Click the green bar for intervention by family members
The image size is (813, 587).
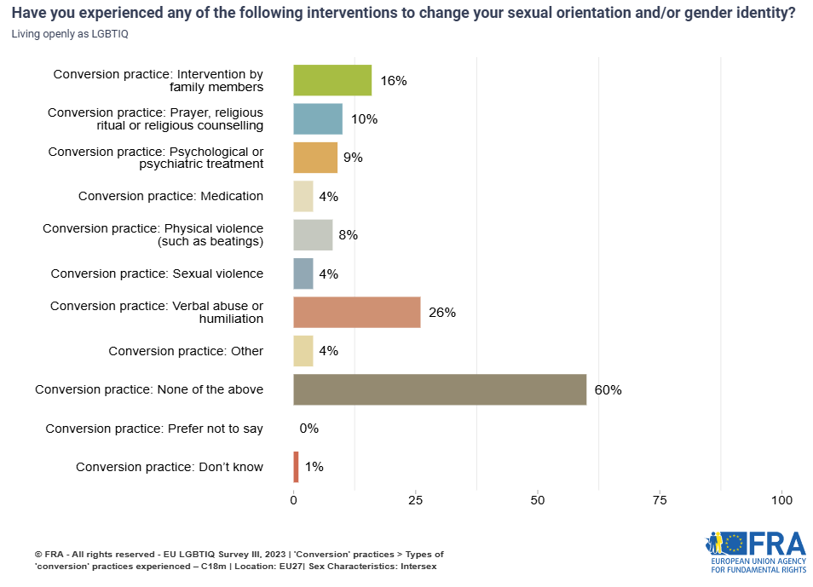[332, 80]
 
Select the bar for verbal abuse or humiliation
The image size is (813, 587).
[356, 312]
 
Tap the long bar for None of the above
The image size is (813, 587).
[440, 389]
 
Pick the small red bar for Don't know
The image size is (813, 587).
[296, 467]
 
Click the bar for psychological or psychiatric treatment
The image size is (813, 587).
[315, 158]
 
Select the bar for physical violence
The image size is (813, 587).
[313, 235]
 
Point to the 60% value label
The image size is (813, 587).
[608, 390]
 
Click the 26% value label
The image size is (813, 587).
[441, 313]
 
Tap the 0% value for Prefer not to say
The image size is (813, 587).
[308, 429]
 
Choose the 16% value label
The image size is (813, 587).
[393, 81]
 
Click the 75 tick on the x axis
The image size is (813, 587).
[660, 500]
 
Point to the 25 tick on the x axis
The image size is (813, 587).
[416, 500]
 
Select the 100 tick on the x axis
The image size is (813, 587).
[781, 500]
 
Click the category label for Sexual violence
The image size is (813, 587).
[157, 273]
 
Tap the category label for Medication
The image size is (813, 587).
[170, 196]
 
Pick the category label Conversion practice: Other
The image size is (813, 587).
[186, 351]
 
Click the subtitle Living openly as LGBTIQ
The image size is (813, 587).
[64, 34]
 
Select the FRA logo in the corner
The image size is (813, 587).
[755, 550]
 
